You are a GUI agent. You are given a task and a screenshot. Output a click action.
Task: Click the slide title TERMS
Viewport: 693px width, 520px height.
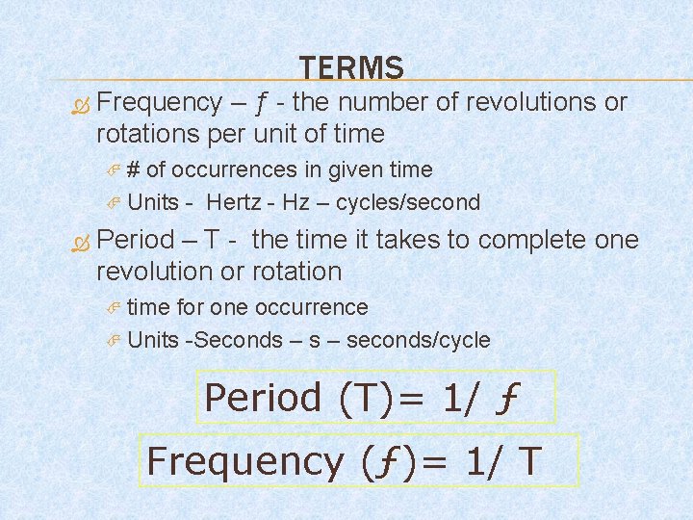[x=351, y=67]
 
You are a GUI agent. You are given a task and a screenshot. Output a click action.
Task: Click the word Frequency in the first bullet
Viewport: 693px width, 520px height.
[x=160, y=102]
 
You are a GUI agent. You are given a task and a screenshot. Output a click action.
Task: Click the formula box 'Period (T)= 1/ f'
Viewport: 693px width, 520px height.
[x=376, y=397]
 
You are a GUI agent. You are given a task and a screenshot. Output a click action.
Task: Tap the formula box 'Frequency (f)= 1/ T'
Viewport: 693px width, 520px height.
[x=361, y=460]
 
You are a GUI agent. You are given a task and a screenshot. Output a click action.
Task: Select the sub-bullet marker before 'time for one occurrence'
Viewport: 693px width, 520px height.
[x=113, y=308]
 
